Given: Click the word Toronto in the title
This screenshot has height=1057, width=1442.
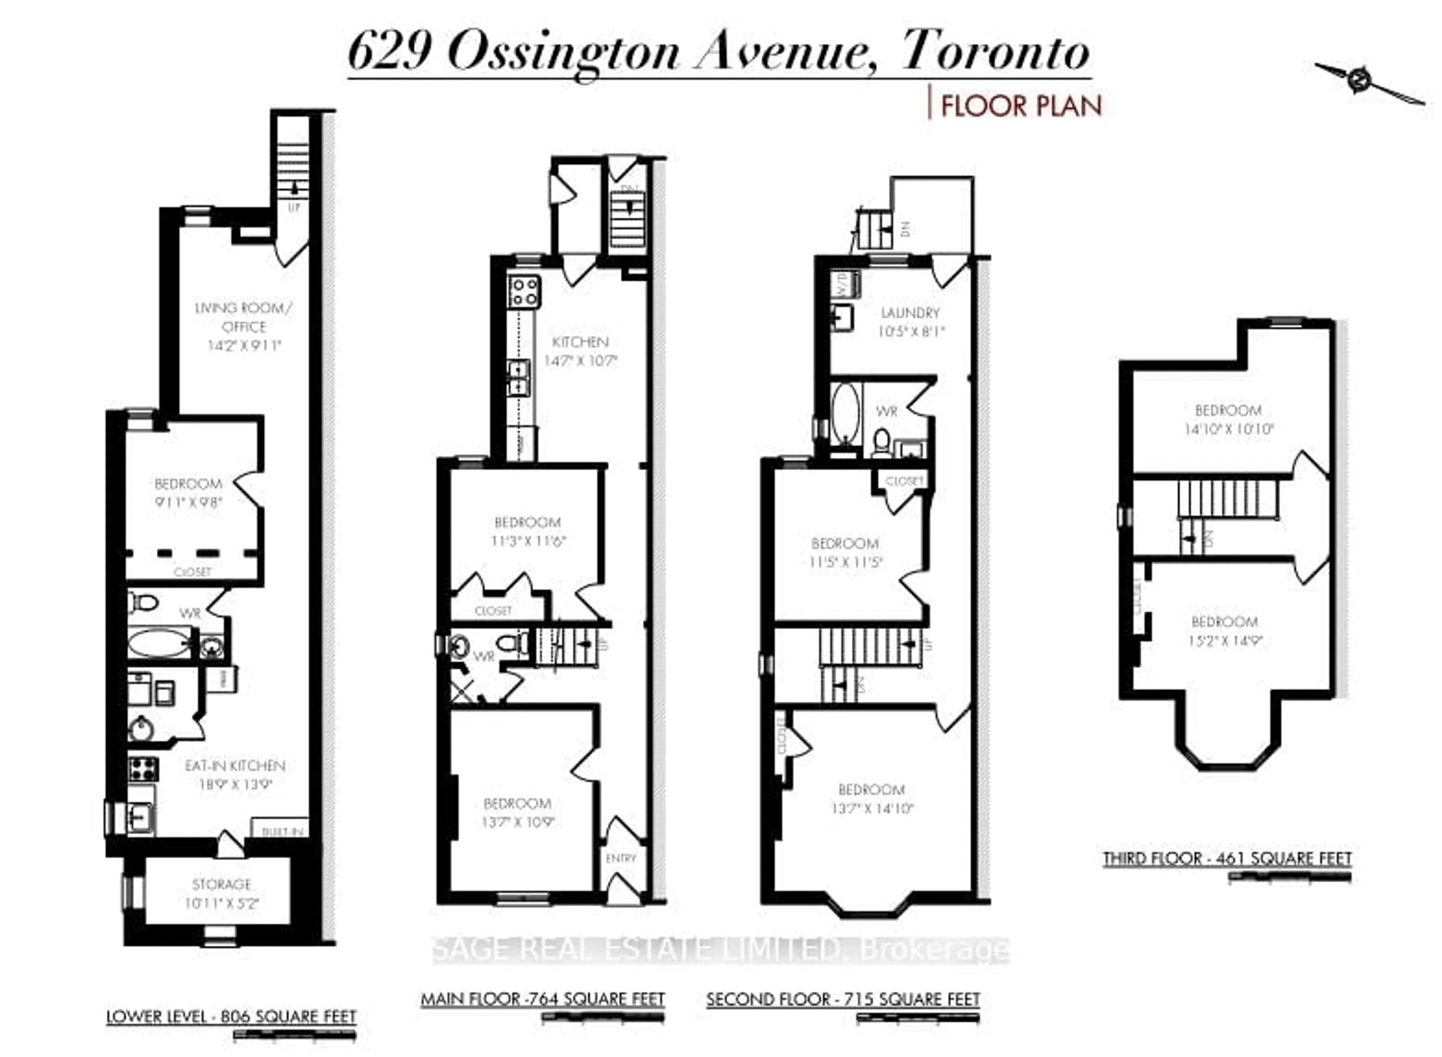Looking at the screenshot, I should coord(995,53).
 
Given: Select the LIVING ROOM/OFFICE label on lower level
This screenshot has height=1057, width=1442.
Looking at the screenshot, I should coord(244,317).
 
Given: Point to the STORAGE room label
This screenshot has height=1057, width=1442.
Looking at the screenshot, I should coord(222,885).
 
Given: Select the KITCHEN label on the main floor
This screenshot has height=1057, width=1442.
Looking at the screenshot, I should coord(580,342).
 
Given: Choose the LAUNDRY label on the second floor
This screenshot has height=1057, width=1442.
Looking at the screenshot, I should coord(910,313).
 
